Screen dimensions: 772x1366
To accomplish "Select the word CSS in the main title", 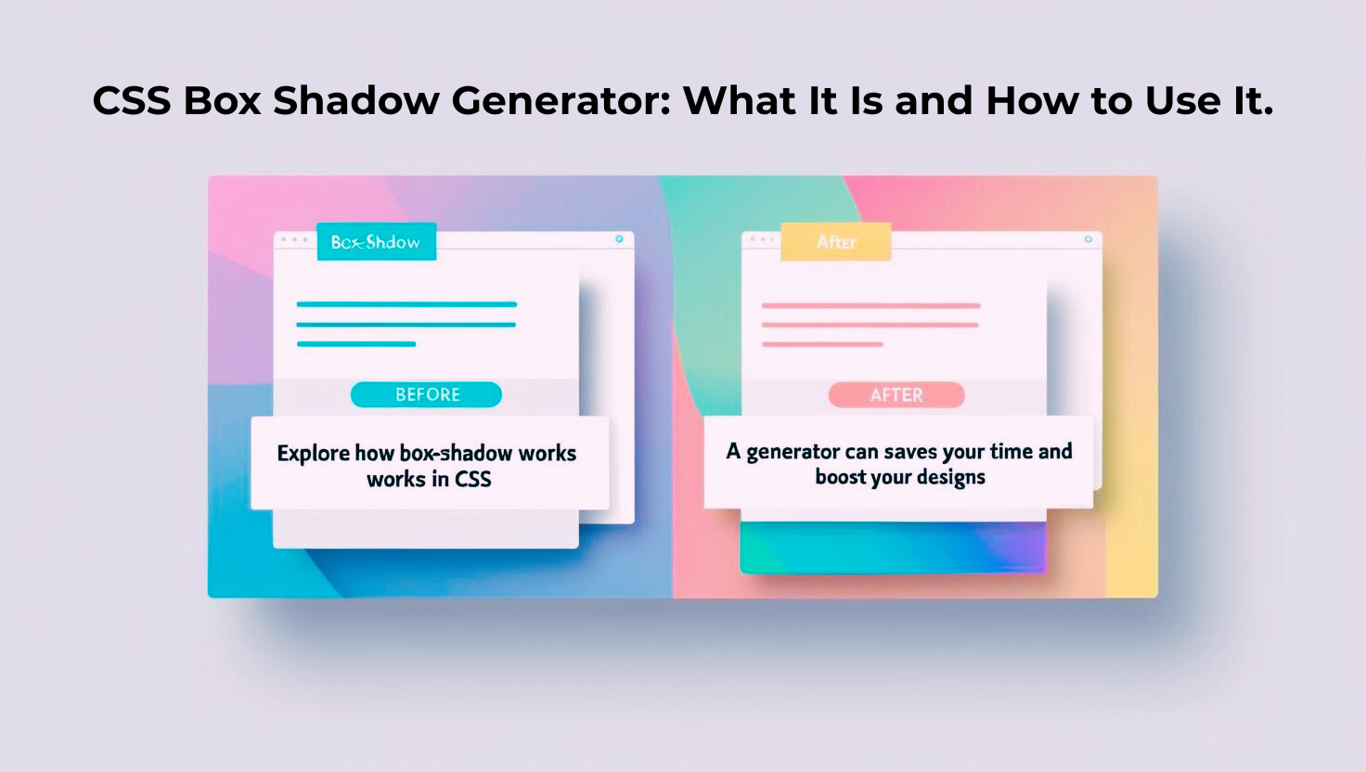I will [132, 100].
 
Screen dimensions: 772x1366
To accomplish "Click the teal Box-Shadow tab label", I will [376, 242].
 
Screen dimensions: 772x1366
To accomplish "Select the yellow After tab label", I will [836, 242].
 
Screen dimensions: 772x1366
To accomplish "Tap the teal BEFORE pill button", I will [426, 394].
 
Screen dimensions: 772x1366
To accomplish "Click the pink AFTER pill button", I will [896, 395].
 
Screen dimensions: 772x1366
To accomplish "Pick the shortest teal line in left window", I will [356, 344].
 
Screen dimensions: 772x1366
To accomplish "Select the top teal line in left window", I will [406, 304].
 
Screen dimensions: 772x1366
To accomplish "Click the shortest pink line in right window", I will [822, 344].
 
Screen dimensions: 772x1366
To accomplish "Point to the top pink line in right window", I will [870, 305].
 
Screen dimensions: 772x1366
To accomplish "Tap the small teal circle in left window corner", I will [619, 239].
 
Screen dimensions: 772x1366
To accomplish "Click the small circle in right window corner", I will [1089, 239].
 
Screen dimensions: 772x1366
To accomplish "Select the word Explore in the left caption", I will [314, 454].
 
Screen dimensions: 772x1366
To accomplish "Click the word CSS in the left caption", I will [472, 480].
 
